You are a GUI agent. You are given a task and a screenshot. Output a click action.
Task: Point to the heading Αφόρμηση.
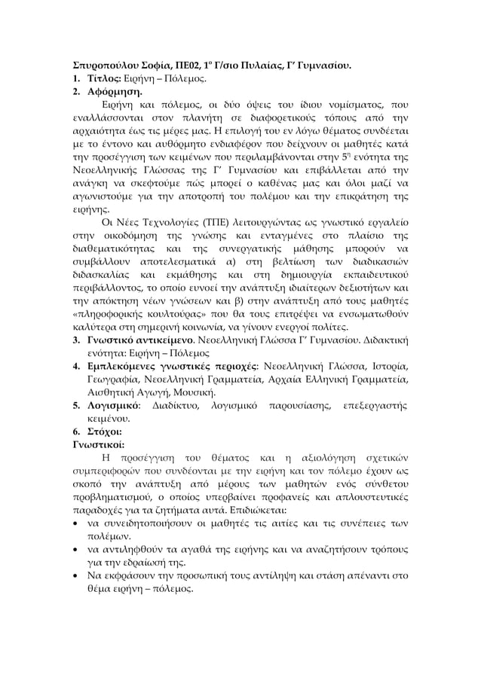coord(113,94)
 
